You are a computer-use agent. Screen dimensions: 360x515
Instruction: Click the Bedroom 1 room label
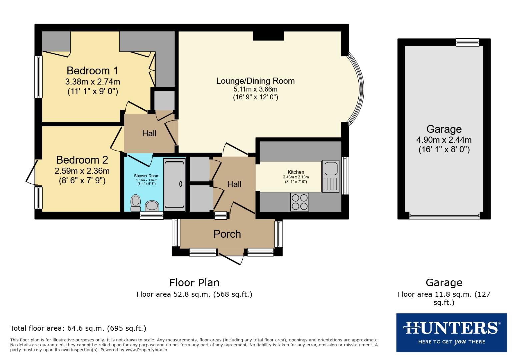92,71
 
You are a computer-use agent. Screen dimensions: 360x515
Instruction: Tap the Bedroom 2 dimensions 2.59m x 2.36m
82,171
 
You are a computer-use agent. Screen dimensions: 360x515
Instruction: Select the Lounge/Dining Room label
255,81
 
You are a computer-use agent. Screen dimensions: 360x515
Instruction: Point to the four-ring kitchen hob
300,202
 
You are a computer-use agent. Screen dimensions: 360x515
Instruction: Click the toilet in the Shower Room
136,203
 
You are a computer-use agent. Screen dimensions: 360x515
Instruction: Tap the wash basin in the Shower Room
152,206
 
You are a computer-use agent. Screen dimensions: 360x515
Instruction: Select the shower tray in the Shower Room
174,184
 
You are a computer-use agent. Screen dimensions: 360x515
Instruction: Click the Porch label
227,234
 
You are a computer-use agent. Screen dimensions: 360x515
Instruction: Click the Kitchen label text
296,172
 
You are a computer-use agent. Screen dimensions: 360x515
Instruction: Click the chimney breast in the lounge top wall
268,36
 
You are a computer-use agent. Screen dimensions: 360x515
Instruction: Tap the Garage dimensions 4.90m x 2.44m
444,140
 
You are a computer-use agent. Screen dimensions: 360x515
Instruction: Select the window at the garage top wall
467,42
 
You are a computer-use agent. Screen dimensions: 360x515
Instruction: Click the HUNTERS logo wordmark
451,328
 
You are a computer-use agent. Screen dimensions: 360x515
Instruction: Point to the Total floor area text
78,328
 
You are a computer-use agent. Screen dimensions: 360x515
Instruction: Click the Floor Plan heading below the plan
194,283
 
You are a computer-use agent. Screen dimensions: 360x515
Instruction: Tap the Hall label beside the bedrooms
149,133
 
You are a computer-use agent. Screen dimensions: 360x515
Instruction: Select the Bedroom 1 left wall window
39,77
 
